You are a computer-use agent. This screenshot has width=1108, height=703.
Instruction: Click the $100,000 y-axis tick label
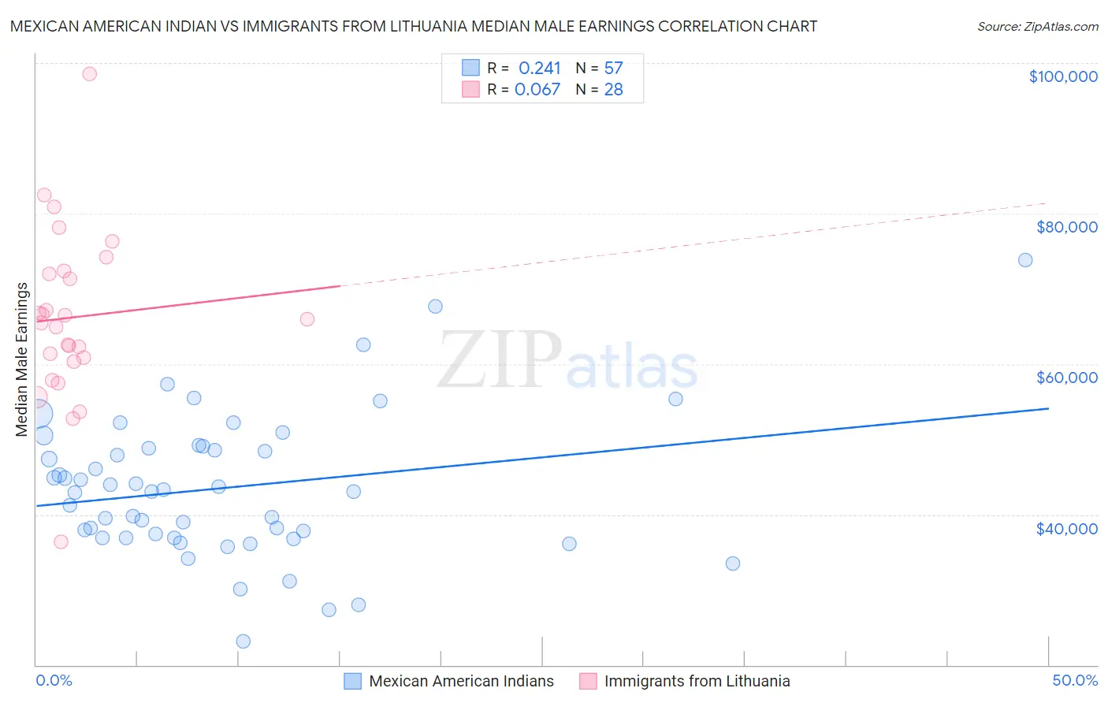tap(1062, 76)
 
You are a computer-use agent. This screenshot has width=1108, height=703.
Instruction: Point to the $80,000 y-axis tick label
tap(1066, 227)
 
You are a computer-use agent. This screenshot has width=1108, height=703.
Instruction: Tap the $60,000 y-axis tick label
tap(1066, 378)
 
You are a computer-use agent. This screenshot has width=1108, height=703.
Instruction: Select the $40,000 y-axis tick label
tap(1066, 529)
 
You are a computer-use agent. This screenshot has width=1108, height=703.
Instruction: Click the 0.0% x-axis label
tap(54, 680)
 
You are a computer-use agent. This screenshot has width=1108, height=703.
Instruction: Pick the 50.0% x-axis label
tap(1075, 680)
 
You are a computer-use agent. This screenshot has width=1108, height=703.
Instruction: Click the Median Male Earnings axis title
tap(22, 359)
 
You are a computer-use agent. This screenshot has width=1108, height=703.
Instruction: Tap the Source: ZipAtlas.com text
tap(1037, 26)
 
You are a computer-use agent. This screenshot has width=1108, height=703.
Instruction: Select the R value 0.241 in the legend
tap(539, 69)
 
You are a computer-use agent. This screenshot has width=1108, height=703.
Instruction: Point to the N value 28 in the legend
tap(613, 90)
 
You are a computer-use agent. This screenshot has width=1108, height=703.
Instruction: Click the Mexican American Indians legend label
tap(461, 681)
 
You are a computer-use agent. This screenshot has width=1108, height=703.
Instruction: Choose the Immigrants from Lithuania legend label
tap(697, 681)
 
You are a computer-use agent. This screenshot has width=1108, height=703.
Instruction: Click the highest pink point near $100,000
tap(89, 74)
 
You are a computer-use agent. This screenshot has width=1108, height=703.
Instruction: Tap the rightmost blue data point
tap(1025, 260)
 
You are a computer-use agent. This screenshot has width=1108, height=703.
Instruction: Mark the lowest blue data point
tap(244, 642)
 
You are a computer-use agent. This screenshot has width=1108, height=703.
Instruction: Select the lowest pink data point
tap(61, 541)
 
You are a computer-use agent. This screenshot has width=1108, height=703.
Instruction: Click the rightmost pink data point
tap(307, 319)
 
